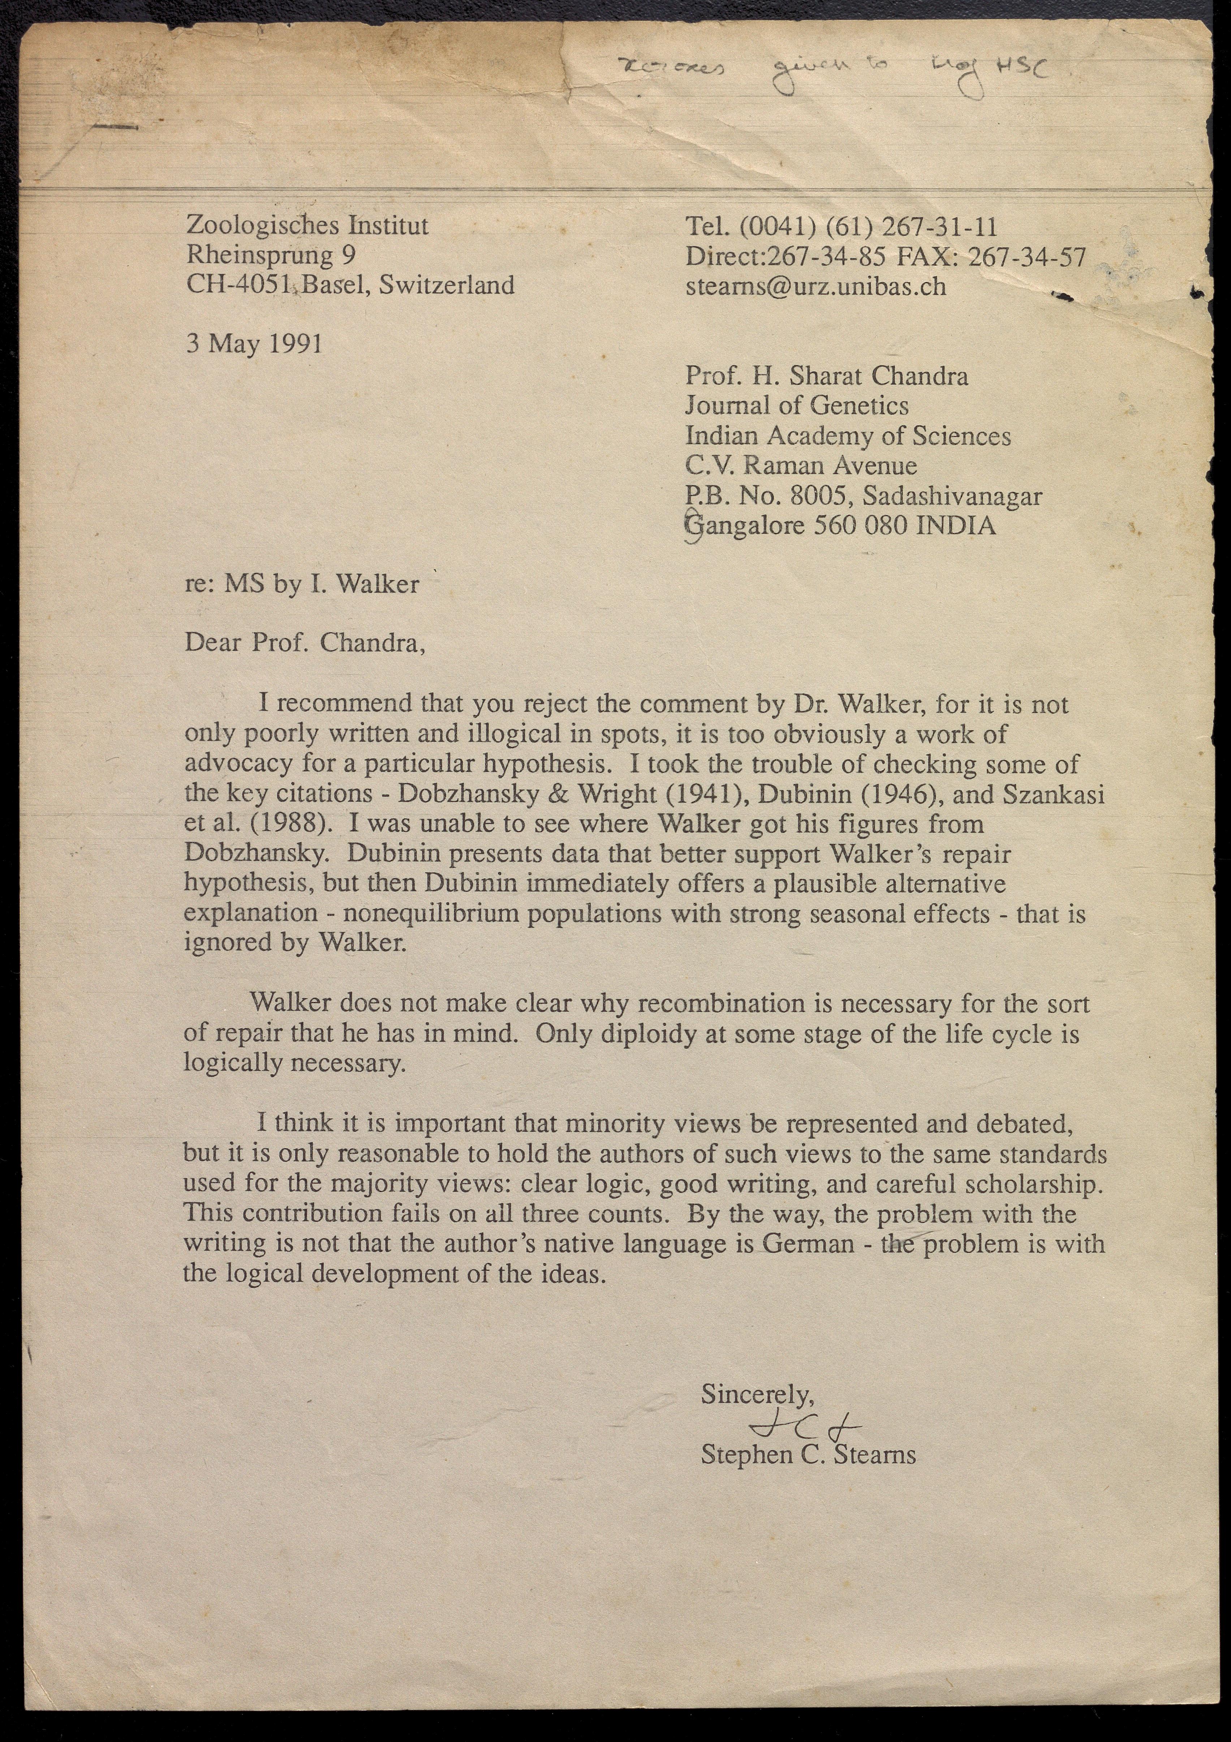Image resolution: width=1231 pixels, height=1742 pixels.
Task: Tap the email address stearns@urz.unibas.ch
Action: [815, 287]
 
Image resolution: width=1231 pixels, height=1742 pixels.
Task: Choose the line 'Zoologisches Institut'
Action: [307, 225]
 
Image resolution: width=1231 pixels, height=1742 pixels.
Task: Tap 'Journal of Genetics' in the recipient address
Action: [796, 406]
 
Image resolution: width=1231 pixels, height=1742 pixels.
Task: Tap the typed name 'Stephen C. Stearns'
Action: [808, 1455]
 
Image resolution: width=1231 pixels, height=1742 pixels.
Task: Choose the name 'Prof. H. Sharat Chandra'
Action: [827, 376]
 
